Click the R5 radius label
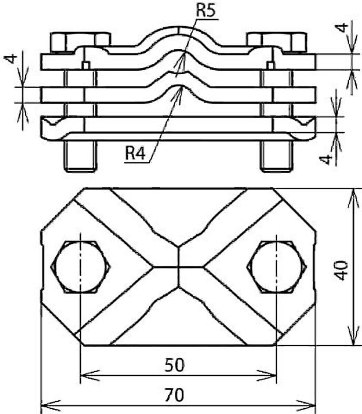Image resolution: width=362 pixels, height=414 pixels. [205, 11]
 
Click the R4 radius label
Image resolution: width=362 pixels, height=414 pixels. [135, 154]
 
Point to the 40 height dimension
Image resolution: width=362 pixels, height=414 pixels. [341, 271]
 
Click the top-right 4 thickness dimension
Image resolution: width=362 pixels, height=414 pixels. [343, 28]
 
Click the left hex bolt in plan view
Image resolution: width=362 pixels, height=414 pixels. [80, 267]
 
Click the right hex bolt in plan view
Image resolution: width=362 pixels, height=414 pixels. [276, 267]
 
